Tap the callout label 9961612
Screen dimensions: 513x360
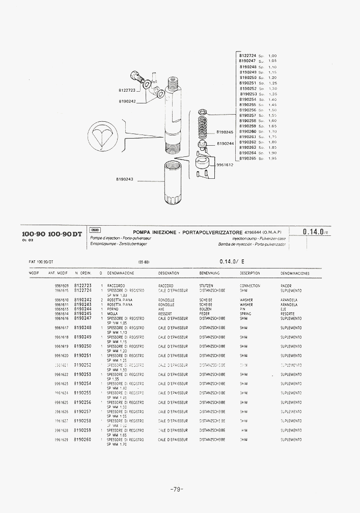[x=225, y=165]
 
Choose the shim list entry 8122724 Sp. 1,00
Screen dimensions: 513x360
[x=258, y=56]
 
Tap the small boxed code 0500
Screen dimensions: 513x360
[x=95, y=230]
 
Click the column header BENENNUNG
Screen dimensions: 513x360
[x=209, y=273]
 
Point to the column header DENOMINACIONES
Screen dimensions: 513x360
[x=295, y=273]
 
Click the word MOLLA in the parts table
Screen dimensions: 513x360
[x=112, y=314]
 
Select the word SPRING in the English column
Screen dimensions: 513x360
[x=245, y=314]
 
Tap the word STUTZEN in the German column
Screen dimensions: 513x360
[x=206, y=286]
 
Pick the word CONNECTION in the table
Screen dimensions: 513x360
[x=250, y=286]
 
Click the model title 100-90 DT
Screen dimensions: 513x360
[x=65, y=234]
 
